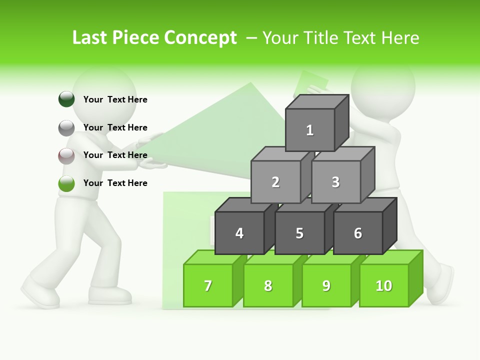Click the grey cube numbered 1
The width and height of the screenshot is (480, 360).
310,130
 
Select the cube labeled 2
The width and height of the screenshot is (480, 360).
275,182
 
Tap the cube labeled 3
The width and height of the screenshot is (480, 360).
335,182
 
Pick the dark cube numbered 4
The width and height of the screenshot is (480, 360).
239,233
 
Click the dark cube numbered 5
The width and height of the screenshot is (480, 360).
299,233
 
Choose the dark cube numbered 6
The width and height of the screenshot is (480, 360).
358,233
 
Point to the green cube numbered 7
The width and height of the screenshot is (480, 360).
208,285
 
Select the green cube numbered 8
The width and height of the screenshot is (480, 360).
268,285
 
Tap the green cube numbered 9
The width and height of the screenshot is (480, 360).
326,285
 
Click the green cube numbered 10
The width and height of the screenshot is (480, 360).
384,285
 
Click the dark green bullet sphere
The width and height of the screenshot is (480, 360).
66,99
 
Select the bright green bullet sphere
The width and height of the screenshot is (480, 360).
66,183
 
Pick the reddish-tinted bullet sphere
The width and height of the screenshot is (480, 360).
66,156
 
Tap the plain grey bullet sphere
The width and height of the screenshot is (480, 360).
66,128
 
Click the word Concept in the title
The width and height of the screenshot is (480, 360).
200,38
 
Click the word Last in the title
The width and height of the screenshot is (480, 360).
90,38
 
